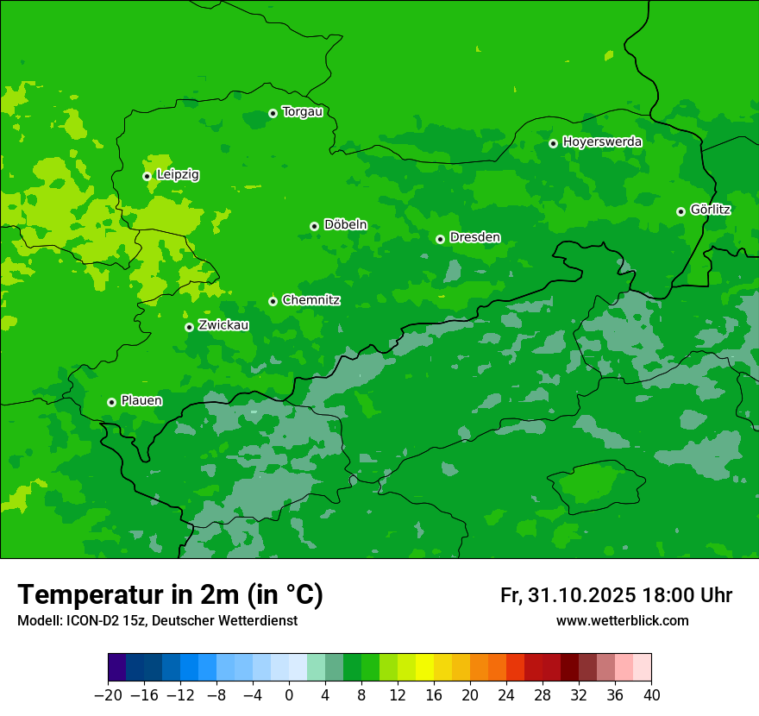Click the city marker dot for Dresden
click(x=440, y=239)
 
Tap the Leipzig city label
click(x=178, y=175)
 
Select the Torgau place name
click(x=302, y=112)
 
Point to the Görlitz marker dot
click(x=681, y=211)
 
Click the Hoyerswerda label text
click(x=602, y=142)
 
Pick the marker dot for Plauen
click(x=111, y=402)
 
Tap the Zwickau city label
click(x=223, y=325)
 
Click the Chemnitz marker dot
click(x=273, y=301)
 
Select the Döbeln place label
click(x=345, y=225)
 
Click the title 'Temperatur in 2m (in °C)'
click(x=170, y=594)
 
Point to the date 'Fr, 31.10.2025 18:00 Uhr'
click(x=616, y=595)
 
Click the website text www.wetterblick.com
click(x=622, y=621)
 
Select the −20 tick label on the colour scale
click(x=108, y=695)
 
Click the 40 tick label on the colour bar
click(x=651, y=695)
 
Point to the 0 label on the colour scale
click(x=289, y=695)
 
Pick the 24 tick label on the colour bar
click(x=506, y=695)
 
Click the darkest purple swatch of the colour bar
click(x=117, y=668)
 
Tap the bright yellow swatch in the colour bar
click(x=424, y=668)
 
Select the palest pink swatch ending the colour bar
click(x=642, y=668)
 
